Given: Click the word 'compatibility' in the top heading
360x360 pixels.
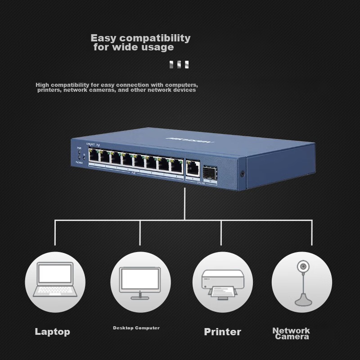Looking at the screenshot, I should (x=155, y=38).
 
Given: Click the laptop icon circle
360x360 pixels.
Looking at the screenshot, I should (x=55, y=282).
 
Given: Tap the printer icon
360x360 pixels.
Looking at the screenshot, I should (x=222, y=282).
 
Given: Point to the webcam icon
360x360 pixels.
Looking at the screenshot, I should (x=302, y=282).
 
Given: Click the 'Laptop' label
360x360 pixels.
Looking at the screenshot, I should (x=53, y=332).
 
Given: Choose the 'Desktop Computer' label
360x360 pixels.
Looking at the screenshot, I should (x=136, y=328).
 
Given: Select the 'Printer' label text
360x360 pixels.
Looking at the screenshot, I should (x=222, y=332).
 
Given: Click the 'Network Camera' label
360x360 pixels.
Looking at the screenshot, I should (x=292, y=333).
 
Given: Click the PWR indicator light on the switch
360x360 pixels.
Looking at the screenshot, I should (x=79, y=152).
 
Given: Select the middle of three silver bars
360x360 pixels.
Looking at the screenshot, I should (x=179, y=65).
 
